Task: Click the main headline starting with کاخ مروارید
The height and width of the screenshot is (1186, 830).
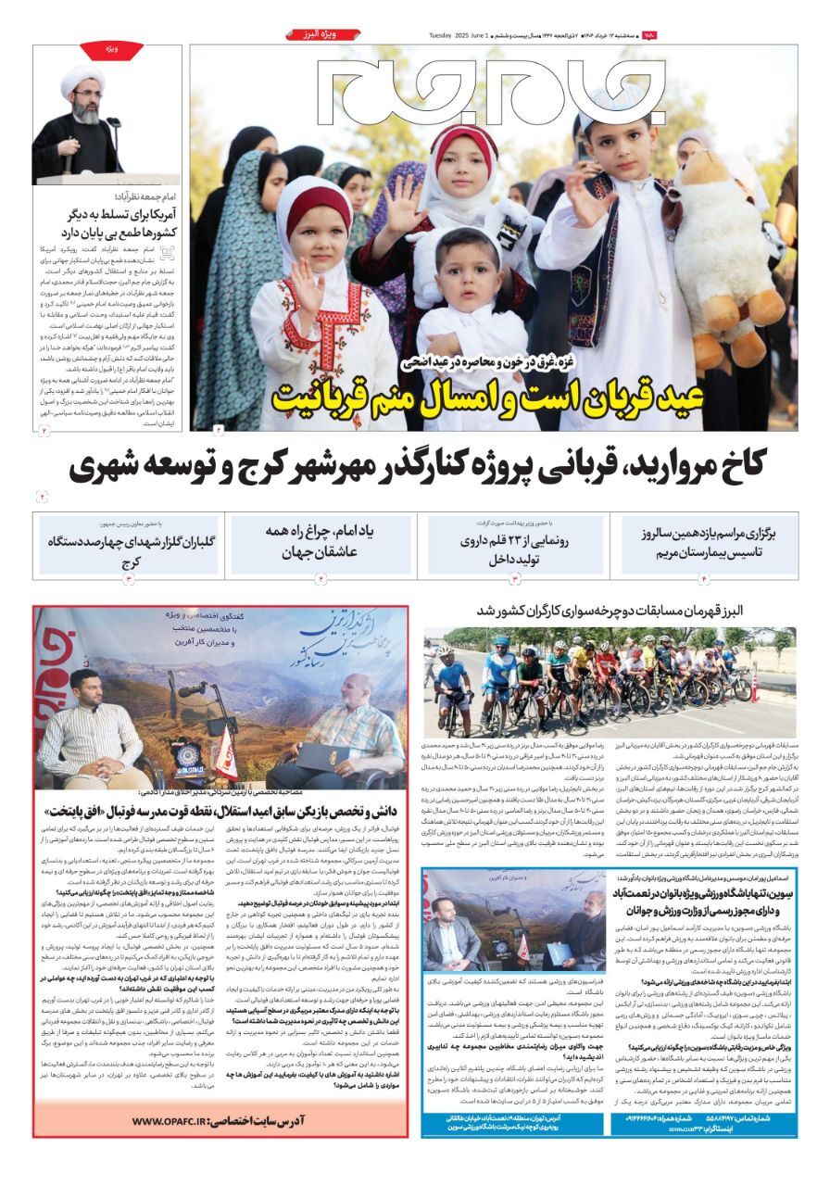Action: point(419,466)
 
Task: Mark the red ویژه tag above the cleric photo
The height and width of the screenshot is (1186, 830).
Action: point(111,48)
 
